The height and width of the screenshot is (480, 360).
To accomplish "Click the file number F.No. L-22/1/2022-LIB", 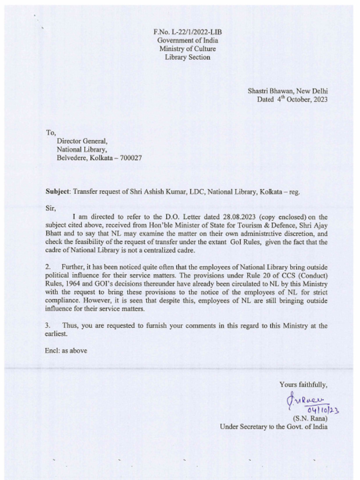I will tap(187, 32).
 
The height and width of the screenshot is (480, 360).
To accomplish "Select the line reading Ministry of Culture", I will tap(187, 49).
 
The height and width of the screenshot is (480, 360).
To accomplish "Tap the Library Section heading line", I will tap(187, 57).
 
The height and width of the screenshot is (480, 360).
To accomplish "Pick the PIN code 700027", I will tap(131, 158).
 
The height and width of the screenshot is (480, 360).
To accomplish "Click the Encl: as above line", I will tap(66, 350).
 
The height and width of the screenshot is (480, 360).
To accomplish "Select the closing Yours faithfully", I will tap(303, 385).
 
